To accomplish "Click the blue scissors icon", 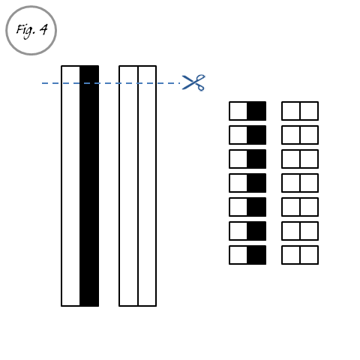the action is coord(193,82).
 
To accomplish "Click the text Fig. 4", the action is coord(31,31).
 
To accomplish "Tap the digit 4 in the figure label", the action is coord(43,29).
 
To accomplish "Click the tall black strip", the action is coord(89,186).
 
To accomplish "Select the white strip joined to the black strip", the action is coord(70,186).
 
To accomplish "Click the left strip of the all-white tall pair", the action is coord(128,186).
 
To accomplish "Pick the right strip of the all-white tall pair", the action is coord(147,186).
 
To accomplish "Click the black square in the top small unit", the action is coord(256,111).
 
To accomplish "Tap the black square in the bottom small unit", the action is coord(256,255).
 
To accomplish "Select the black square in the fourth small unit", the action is coord(256,183).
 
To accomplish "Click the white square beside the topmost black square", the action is coord(238,111).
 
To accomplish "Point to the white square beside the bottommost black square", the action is coord(238,255).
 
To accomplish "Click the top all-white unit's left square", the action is coord(291,111).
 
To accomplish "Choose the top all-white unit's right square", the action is coord(309,111).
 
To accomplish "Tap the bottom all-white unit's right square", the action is coord(309,255).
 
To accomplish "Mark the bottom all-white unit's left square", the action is coord(291,255).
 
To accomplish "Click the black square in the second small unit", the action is coord(256,135).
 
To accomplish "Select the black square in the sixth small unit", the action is coord(256,231).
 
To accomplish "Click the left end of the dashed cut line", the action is coord(42,83).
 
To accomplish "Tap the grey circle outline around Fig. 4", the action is coord(31,6).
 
